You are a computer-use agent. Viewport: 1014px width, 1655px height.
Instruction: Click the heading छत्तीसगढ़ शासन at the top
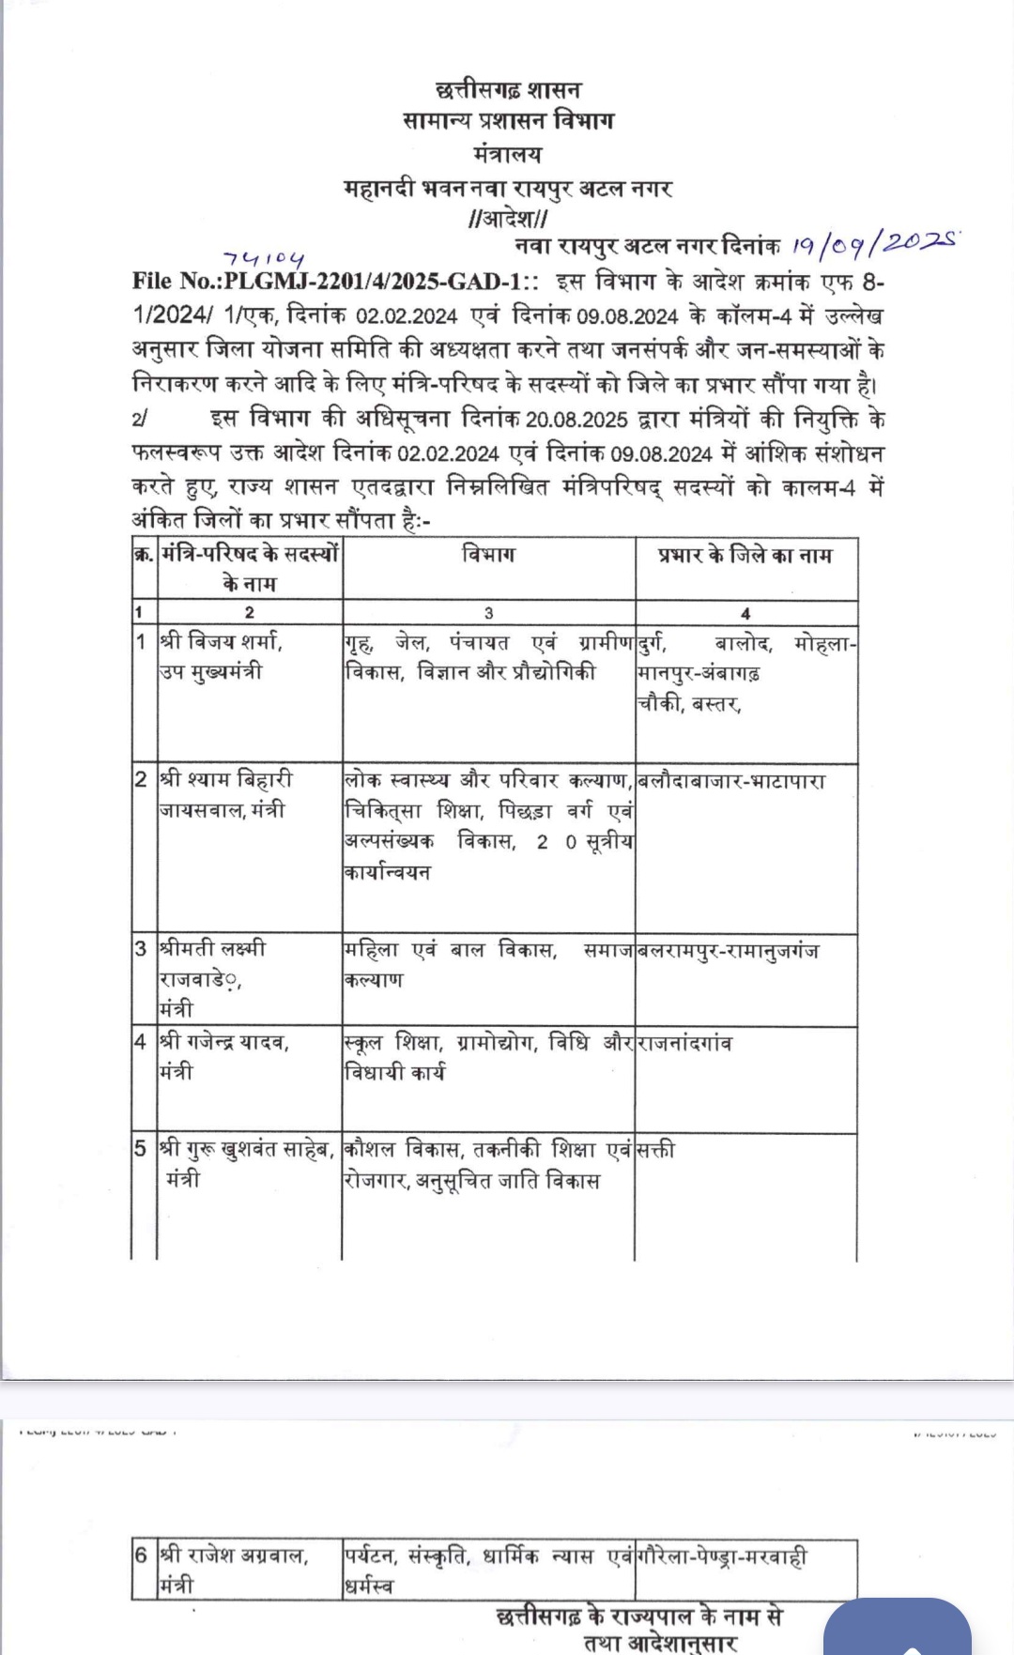[508, 90]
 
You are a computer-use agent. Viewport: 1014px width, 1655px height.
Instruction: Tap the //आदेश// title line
[508, 219]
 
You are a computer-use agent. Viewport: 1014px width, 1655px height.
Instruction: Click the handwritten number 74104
[265, 257]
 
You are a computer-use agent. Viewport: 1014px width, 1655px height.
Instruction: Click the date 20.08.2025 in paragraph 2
[577, 419]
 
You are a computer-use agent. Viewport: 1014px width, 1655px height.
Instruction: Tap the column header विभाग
[488, 555]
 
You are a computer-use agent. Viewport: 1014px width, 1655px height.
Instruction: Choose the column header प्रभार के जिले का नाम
[745, 555]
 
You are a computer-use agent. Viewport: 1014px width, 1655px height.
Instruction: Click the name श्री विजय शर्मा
[222, 642]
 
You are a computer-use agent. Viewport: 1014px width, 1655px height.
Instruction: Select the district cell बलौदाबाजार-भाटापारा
[731, 781]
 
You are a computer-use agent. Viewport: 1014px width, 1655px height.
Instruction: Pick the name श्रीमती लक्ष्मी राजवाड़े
[212, 963]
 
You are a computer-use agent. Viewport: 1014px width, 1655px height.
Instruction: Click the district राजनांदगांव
[685, 1043]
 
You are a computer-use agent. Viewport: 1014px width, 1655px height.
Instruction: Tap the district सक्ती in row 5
[656, 1150]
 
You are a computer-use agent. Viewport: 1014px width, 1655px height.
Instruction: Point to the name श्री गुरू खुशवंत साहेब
[247, 1149]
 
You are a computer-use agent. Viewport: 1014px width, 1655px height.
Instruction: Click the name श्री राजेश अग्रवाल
[234, 1555]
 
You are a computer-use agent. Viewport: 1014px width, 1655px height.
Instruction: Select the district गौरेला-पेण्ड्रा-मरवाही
[722, 1556]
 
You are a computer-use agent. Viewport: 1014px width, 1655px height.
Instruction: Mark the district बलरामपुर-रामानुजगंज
[728, 950]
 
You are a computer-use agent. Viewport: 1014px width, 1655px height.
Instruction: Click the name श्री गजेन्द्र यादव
[224, 1042]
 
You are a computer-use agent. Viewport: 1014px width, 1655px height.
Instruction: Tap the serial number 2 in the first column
[142, 779]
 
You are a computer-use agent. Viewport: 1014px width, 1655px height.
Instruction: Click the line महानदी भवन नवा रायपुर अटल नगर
[508, 188]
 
